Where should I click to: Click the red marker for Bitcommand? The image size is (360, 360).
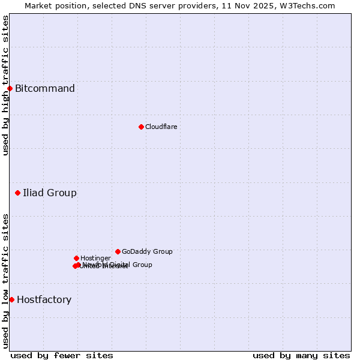pos(10,89)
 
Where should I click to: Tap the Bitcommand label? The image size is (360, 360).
pos(45,89)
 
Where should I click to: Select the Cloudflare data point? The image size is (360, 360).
pos(141,127)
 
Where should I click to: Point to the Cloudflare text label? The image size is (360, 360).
pos(161,127)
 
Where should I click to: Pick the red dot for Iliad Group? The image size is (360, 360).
pos(17,193)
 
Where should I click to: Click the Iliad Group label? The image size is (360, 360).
pos(50,193)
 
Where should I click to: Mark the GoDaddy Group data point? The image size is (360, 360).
pos(118,251)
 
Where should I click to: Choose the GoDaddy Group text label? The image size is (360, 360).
pos(147,252)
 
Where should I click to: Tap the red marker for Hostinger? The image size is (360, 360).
pos(76,258)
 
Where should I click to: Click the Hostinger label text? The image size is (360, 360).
pos(95,259)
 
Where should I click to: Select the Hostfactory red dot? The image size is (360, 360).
pos(11,299)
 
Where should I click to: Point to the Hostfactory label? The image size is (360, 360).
pos(44,300)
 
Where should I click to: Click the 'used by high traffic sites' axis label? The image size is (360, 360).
pos(5,85)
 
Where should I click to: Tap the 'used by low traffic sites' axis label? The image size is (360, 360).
pos(5,281)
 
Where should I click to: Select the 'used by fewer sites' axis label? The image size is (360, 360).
pos(62,355)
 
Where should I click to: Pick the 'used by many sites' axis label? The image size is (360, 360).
pos(301,355)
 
